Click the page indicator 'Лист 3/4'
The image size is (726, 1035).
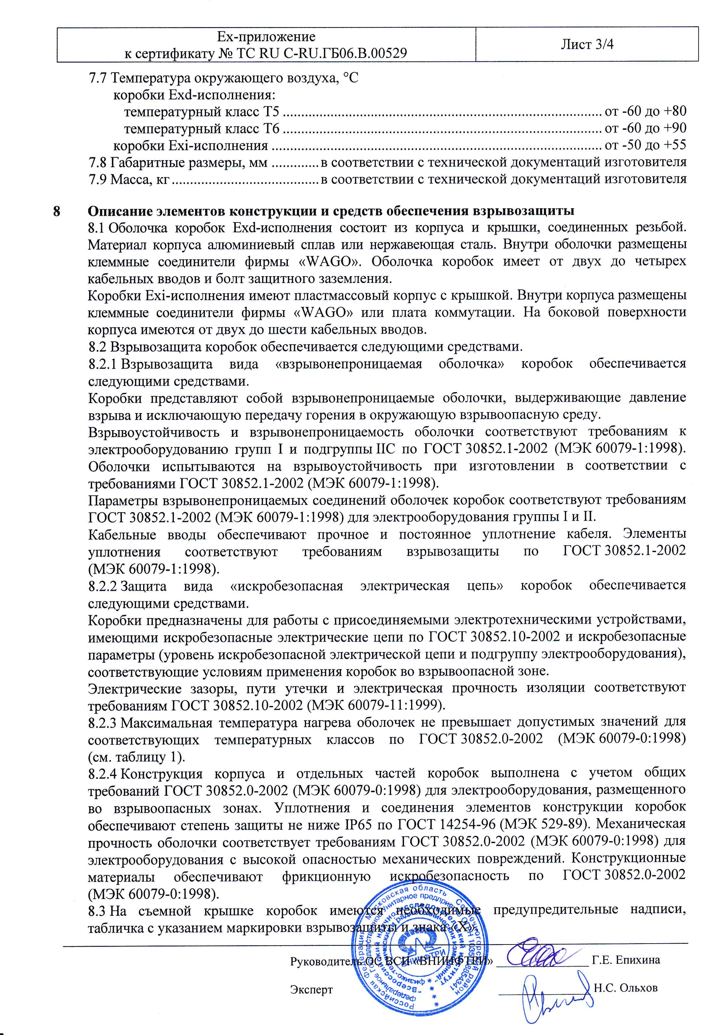(x=587, y=44)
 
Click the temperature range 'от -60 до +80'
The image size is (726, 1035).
(x=645, y=111)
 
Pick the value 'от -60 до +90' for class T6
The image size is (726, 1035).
(x=645, y=128)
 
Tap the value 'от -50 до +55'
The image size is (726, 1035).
(x=645, y=145)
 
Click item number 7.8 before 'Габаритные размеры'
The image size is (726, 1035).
(x=97, y=162)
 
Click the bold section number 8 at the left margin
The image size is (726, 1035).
(x=57, y=211)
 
